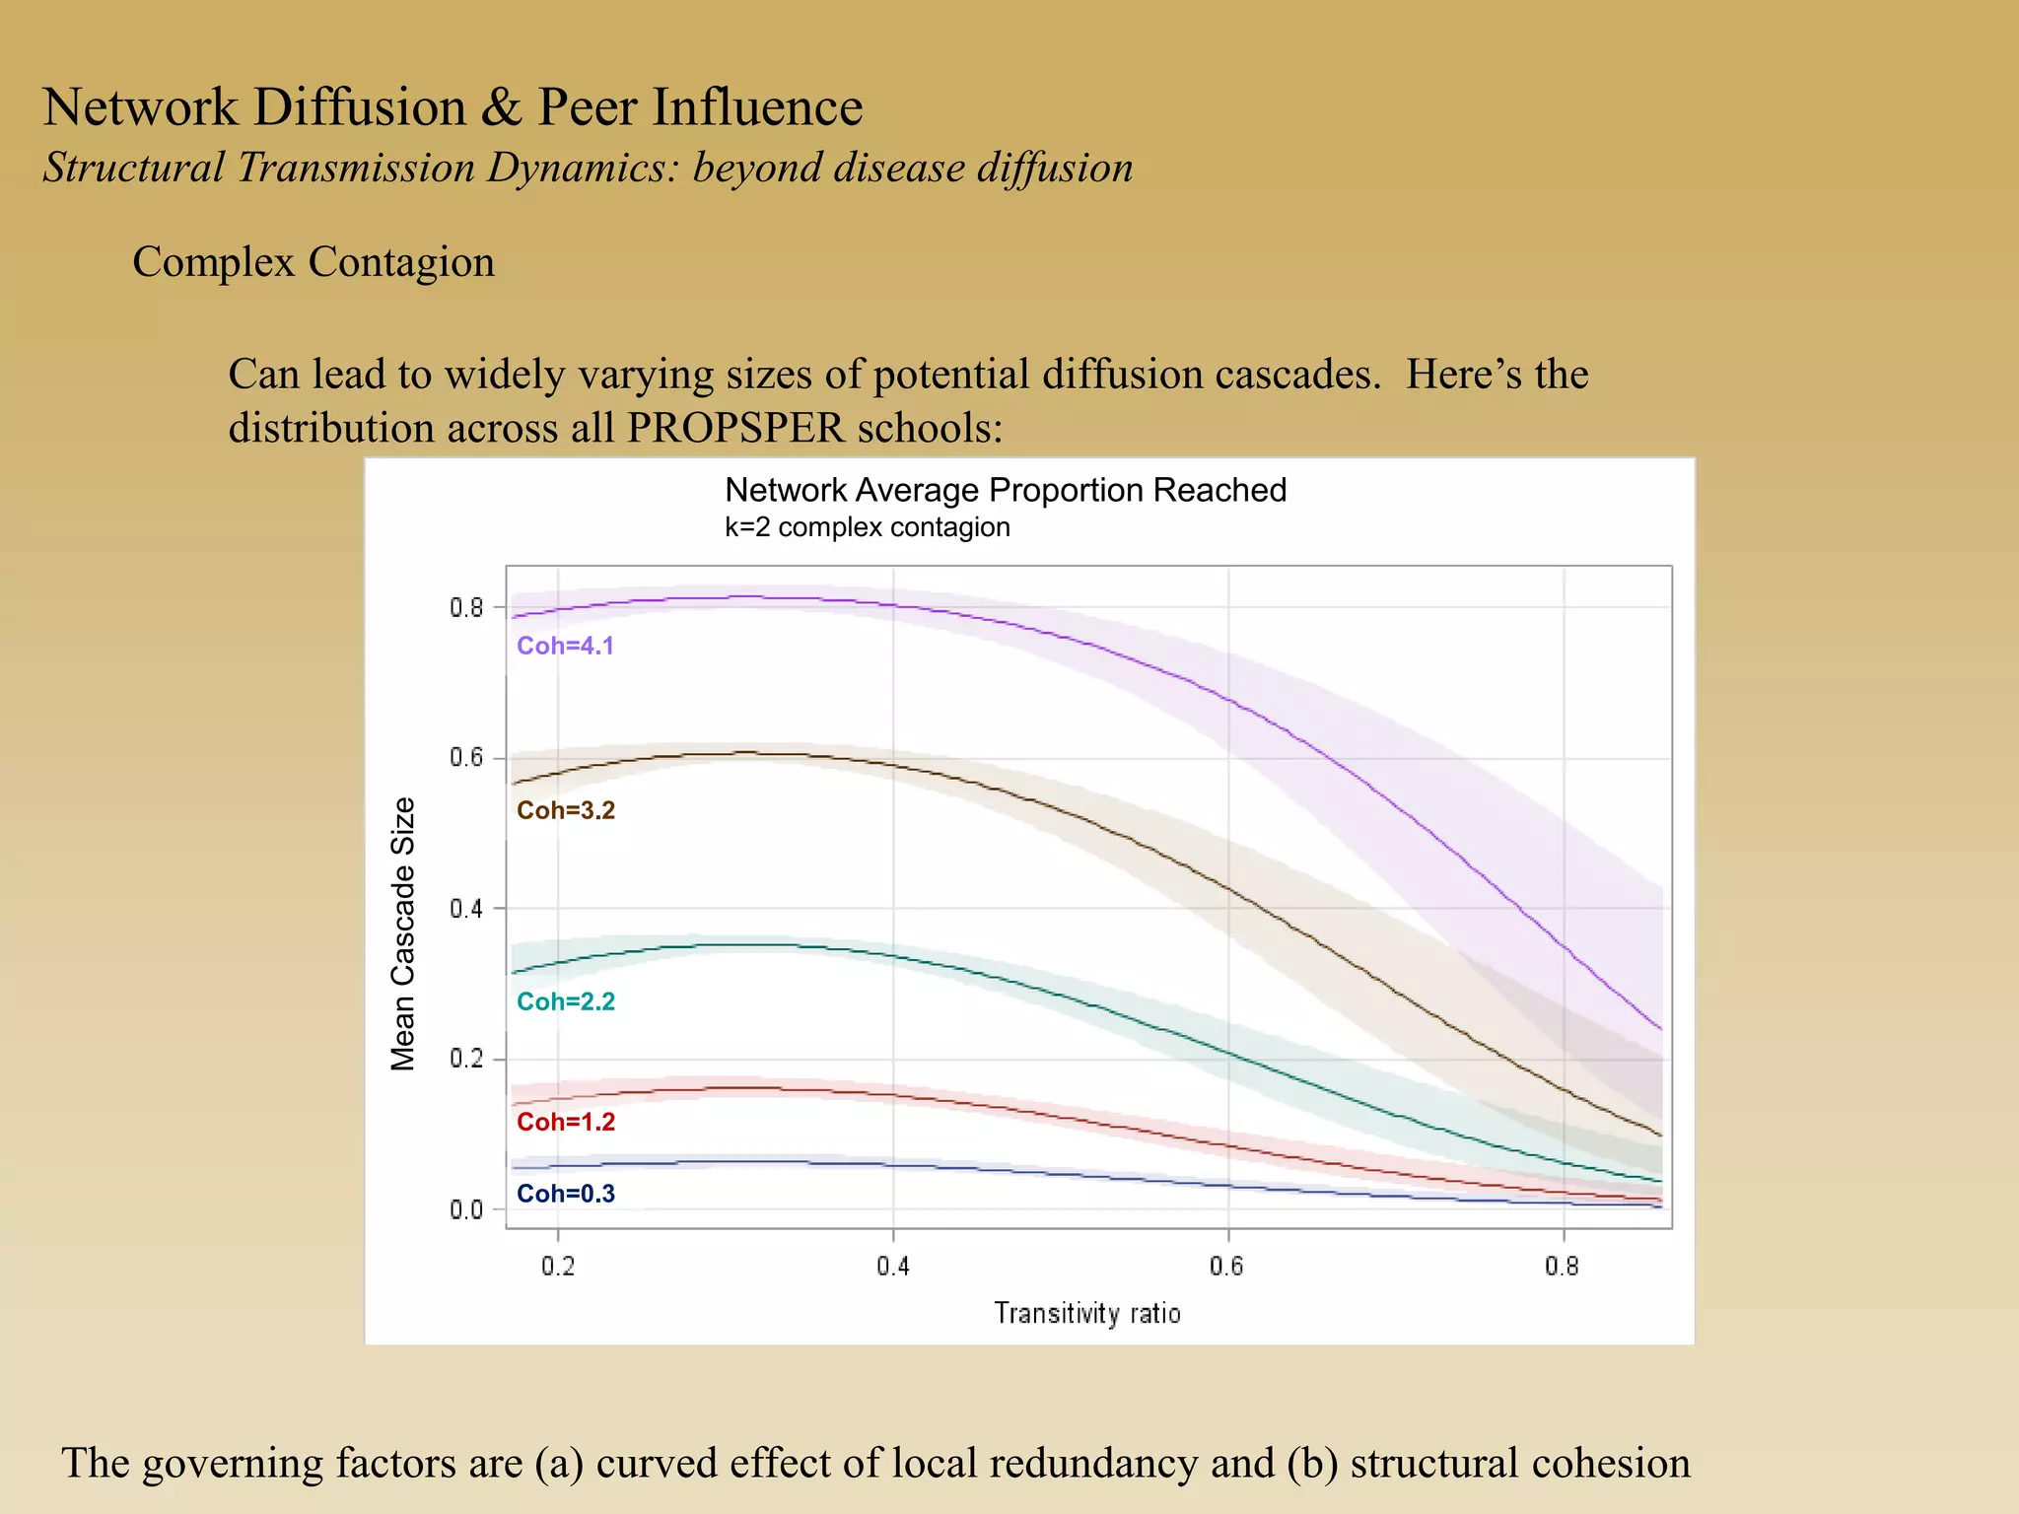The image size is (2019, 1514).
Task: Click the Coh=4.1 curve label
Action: coord(565,646)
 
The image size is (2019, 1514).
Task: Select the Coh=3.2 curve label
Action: coord(566,810)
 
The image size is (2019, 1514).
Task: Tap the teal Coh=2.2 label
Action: coord(566,1001)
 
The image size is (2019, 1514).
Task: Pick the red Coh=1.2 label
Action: coord(566,1122)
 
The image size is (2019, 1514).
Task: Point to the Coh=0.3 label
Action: coord(566,1194)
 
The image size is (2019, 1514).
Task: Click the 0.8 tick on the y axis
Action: coord(467,607)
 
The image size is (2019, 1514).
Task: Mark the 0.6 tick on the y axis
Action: coord(467,758)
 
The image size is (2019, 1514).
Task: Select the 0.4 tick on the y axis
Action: coord(467,909)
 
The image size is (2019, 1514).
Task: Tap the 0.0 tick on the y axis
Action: coord(467,1209)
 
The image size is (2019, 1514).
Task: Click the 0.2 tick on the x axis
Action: coord(558,1266)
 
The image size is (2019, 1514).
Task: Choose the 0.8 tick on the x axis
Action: coord(1563,1266)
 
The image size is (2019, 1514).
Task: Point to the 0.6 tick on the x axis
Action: coord(1227,1266)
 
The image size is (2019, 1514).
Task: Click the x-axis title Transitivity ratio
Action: coord(1087,1314)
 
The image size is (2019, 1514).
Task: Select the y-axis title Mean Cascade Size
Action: coord(403,933)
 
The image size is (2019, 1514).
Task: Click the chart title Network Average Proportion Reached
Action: coord(1006,490)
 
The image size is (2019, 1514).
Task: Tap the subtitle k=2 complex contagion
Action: coord(868,527)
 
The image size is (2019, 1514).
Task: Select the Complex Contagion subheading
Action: coord(313,262)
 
